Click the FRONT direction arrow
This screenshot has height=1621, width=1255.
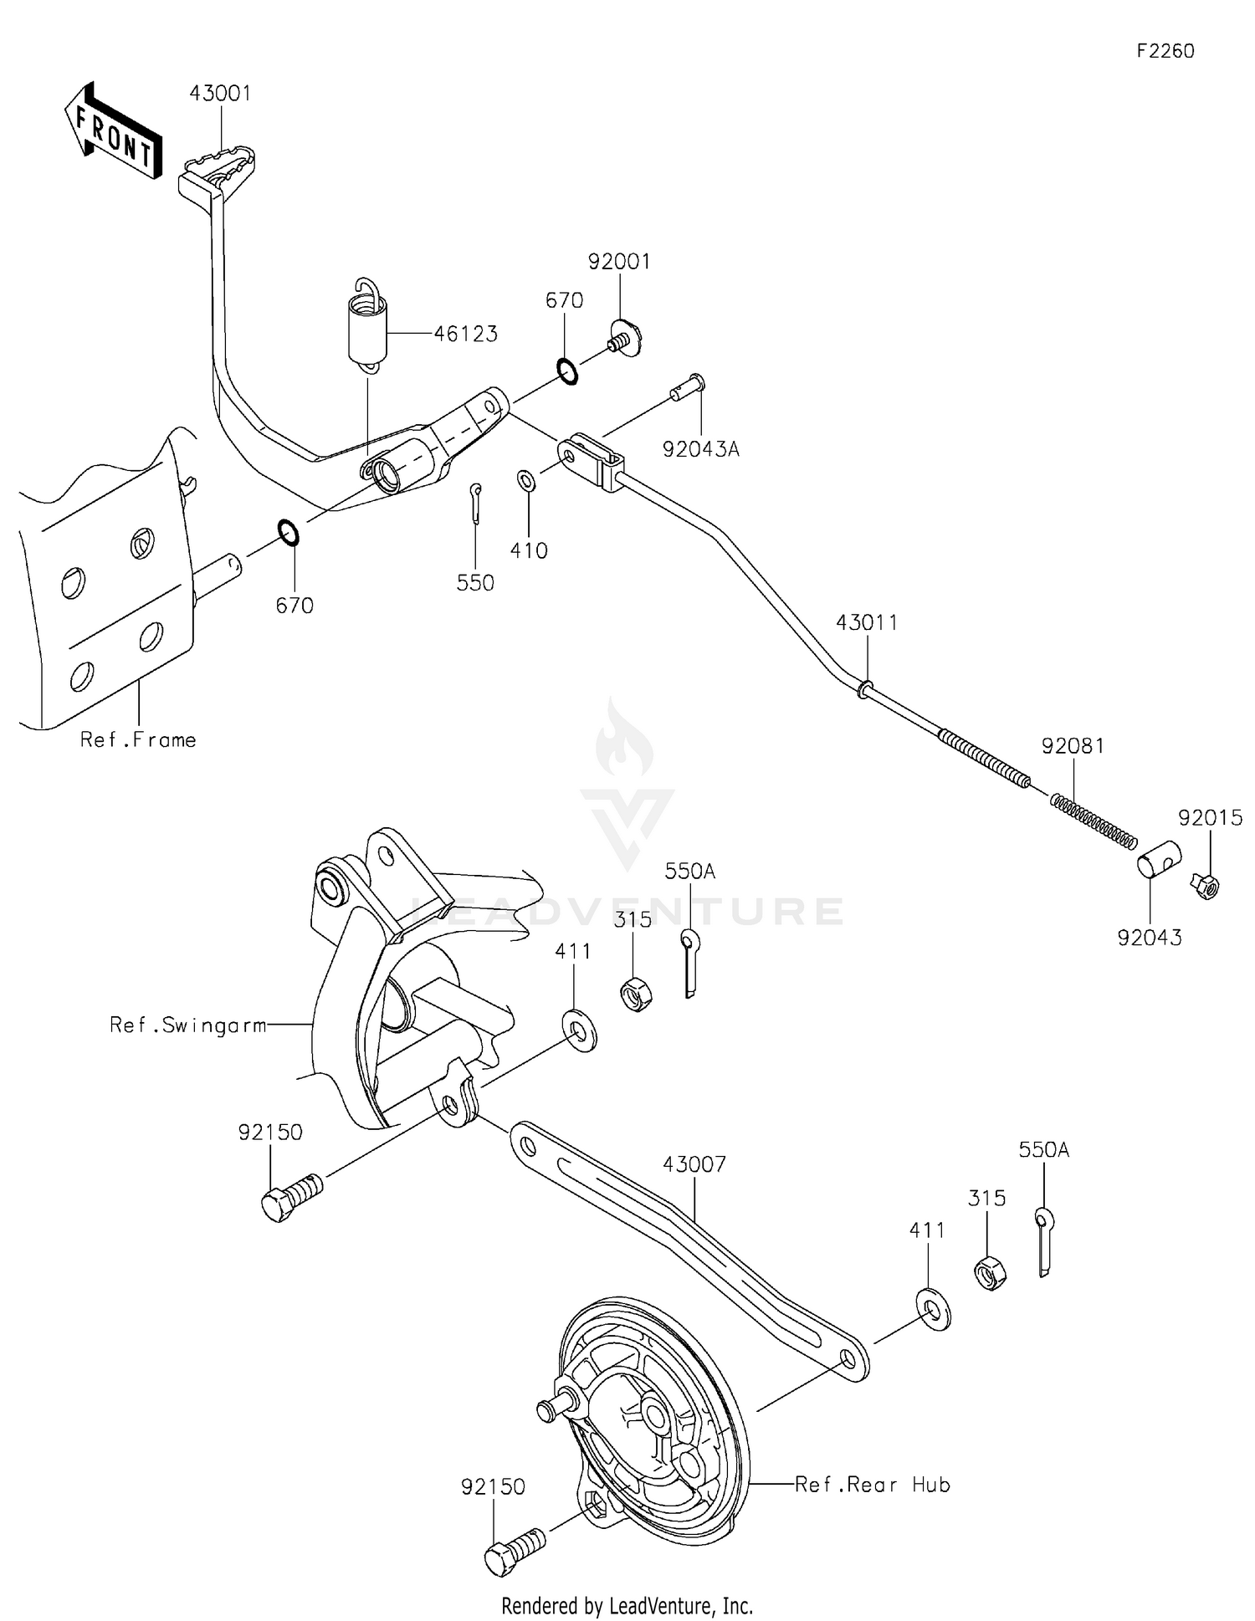tap(113, 132)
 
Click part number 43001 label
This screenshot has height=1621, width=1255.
tap(219, 93)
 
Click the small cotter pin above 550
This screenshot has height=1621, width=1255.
tap(475, 502)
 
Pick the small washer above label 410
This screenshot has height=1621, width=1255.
tap(527, 481)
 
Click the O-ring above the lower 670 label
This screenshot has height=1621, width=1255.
tap(288, 532)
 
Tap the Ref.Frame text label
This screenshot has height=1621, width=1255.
tap(138, 739)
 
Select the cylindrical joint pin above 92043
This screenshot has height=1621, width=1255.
tap(1159, 860)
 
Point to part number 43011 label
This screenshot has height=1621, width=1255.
tap(867, 622)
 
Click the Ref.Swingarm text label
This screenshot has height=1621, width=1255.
tap(188, 1025)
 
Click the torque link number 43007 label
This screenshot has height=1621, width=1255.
tap(694, 1163)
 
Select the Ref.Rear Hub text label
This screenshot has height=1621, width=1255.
tap(872, 1485)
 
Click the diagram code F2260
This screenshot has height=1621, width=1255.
tap(1165, 51)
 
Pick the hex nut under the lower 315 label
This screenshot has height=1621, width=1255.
tap(990, 1273)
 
